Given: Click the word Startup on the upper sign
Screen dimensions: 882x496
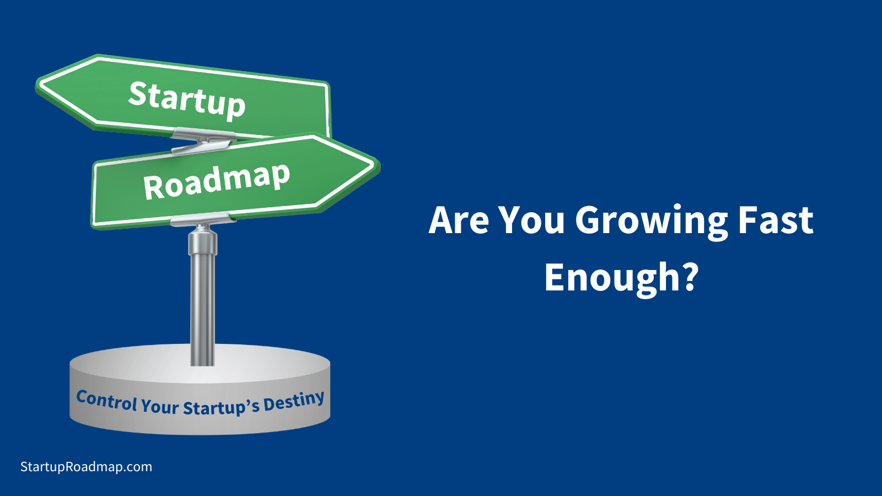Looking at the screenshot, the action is pos(187,100).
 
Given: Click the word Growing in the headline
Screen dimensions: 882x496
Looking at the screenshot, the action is pos(651,221).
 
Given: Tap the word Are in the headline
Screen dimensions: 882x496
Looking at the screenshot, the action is pos(459,220).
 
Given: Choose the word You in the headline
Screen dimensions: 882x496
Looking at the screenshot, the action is pos(531,220).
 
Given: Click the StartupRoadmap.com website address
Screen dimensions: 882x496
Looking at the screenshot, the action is pos(86,467).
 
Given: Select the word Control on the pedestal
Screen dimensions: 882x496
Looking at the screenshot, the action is pos(106,401).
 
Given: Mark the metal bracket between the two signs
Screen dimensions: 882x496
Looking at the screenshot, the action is pos(203,142).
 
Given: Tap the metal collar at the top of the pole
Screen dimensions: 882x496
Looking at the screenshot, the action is pos(203,241).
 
